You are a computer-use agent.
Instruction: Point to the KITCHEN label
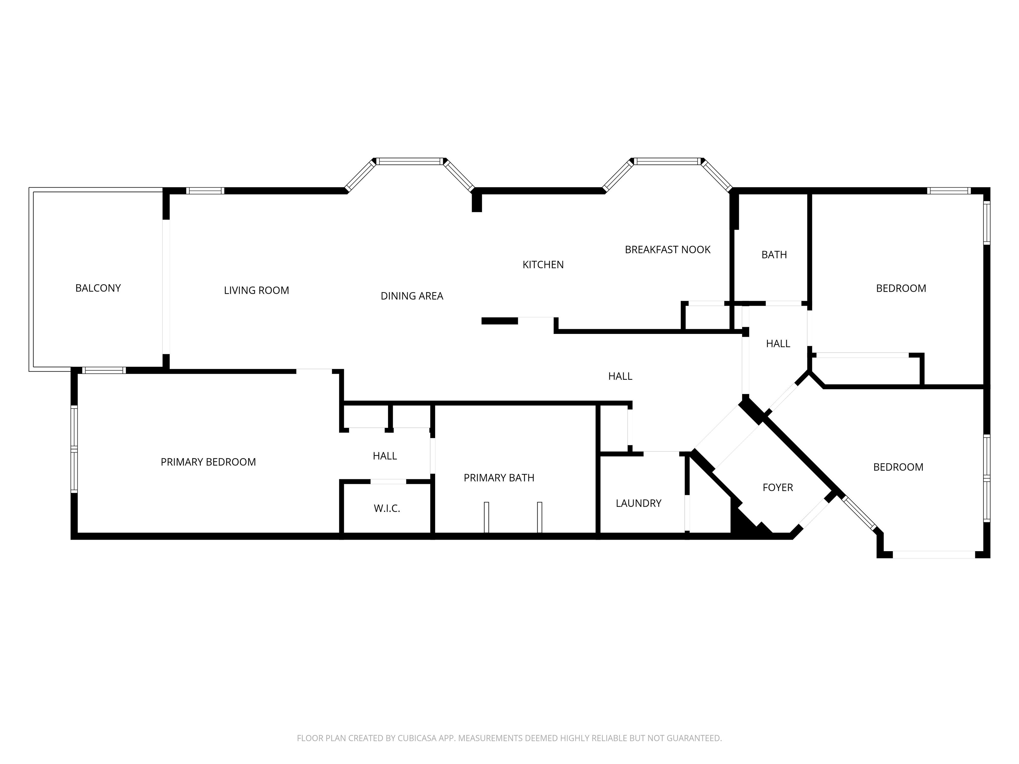(543, 265)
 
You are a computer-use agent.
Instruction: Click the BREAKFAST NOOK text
(667, 250)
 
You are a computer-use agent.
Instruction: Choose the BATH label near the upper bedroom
(774, 255)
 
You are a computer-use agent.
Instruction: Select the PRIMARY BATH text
(499, 478)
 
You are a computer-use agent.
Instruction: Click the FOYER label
(777, 487)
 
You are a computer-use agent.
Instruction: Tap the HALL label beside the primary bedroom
(385, 456)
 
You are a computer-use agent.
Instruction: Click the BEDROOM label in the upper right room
(901, 288)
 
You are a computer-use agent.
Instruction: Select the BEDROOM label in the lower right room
(898, 467)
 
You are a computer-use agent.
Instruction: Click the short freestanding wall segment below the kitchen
(499, 321)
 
